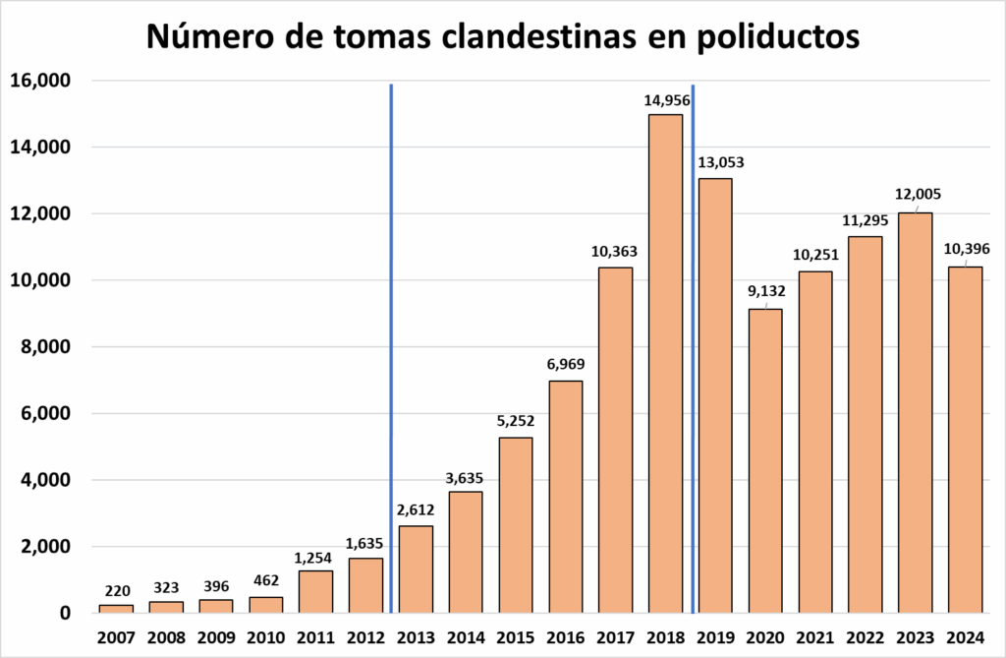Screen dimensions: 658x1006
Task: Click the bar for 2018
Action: point(665,364)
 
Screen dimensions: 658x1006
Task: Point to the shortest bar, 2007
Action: point(116,609)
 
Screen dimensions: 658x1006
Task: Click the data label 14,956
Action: point(665,100)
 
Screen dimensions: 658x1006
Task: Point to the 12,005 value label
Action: point(915,194)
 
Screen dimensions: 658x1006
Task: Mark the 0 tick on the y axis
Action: point(65,614)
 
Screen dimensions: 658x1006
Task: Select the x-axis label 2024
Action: point(965,635)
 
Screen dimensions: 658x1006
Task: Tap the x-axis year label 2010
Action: point(266,635)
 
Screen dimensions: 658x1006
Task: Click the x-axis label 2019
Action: point(715,635)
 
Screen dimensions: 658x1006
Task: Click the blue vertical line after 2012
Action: point(391,344)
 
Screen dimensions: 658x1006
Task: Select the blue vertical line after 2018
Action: point(694,344)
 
